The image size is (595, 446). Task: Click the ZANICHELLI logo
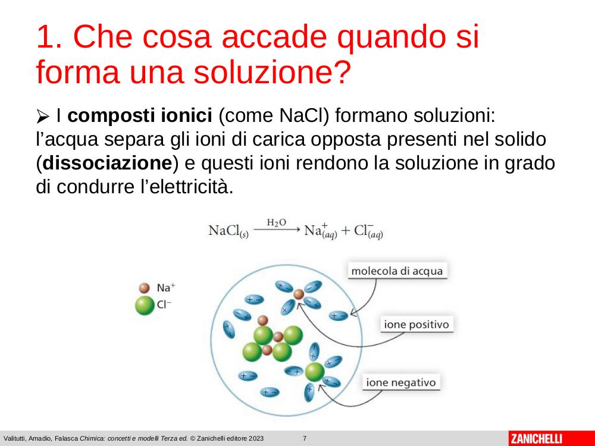(536, 438)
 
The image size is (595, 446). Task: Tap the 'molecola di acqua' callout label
(397, 271)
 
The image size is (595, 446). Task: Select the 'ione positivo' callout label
(416, 324)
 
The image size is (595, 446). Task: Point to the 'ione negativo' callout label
(400, 382)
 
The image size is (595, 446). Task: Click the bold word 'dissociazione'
(107, 163)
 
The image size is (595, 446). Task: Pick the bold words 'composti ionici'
(140, 116)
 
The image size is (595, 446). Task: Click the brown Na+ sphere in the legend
(144, 288)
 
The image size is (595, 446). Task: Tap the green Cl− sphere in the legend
(145, 306)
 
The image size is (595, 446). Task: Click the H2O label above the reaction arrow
(276, 222)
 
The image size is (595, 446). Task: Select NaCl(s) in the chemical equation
(228, 231)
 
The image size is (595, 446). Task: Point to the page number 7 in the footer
(304, 438)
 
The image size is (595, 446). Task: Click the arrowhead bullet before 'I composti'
(42, 116)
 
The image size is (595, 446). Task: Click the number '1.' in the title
(50, 36)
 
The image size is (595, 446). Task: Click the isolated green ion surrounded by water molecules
(315, 372)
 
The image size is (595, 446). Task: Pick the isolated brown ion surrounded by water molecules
(299, 294)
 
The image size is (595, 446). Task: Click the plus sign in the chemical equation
(345, 231)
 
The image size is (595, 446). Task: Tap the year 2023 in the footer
(256, 438)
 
